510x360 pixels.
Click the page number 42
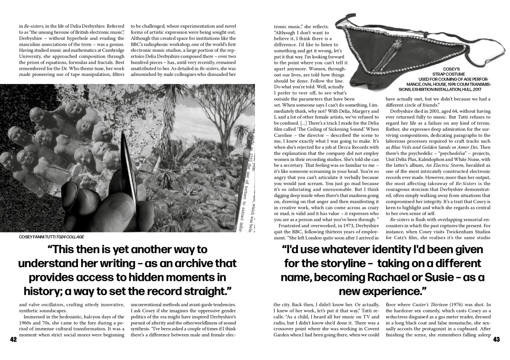point(13,339)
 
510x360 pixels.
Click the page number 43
point(496,339)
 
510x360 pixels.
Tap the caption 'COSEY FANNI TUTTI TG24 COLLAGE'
point(51,237)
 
